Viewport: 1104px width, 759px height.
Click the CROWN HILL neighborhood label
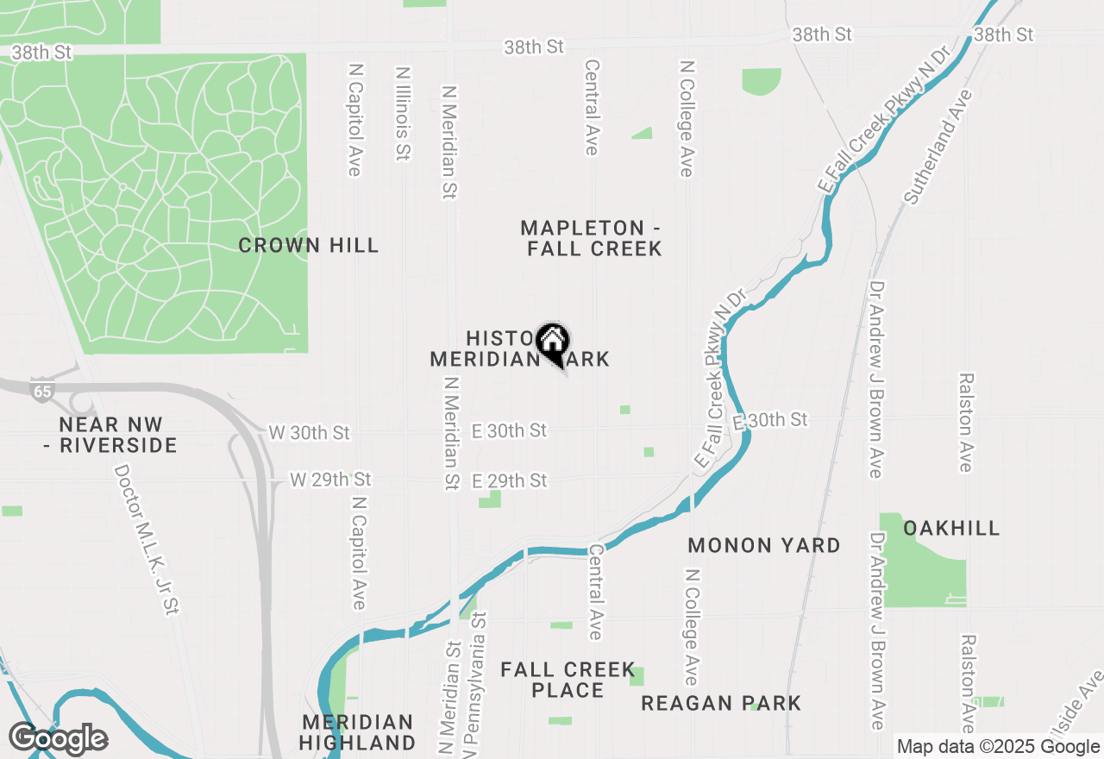point(308,246)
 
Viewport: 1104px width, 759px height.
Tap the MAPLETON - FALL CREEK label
point(592,239)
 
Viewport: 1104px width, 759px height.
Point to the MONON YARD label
point(764,545)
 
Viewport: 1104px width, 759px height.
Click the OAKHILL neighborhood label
point(951,528)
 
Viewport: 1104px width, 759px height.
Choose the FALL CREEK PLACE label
point(568,680)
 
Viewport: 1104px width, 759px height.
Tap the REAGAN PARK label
point(721,703)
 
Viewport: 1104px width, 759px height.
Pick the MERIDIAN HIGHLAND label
point(358,731)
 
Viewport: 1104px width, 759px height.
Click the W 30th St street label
point(310,432)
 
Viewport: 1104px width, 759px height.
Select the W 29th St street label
point(330,479)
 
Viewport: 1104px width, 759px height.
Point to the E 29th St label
point(510,480)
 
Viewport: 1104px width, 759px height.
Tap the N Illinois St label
point(402,114)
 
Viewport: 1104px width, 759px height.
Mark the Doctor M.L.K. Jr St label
point(146,540)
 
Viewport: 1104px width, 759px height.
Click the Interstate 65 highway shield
point(41,389)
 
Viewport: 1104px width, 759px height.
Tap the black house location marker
point(552,342)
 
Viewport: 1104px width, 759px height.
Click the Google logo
point(58,738)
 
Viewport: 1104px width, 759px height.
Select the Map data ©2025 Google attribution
point(998,747)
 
